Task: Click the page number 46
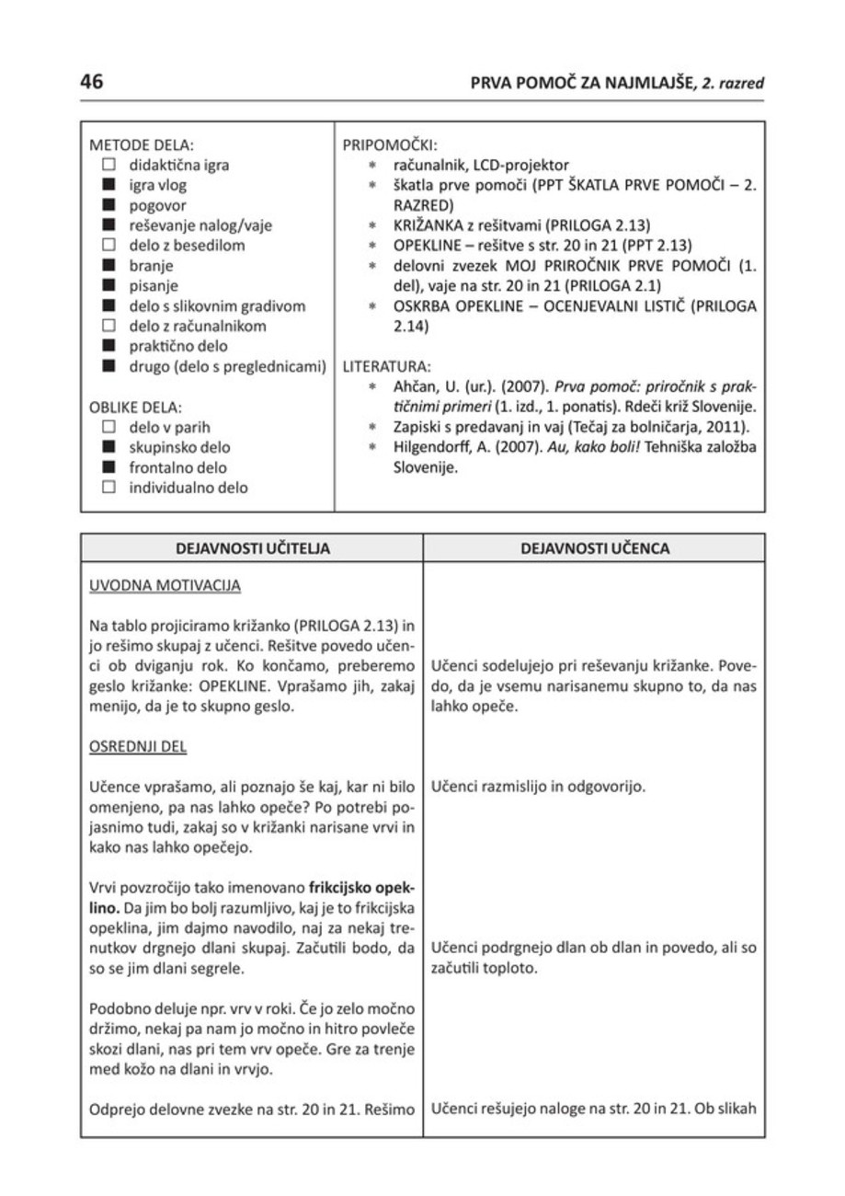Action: (92, 81)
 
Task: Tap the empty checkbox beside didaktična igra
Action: (108, 167)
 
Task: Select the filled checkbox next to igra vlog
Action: (108, 187)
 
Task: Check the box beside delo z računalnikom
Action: (108, 327)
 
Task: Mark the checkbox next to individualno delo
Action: (108, 488)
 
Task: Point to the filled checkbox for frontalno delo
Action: (108, 467)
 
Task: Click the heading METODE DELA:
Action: (143, 146)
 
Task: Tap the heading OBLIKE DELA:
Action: (136, 407)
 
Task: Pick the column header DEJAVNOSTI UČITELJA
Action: (253, 549)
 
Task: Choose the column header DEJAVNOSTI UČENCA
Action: (595, 549)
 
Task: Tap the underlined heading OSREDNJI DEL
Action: (138, 747)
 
